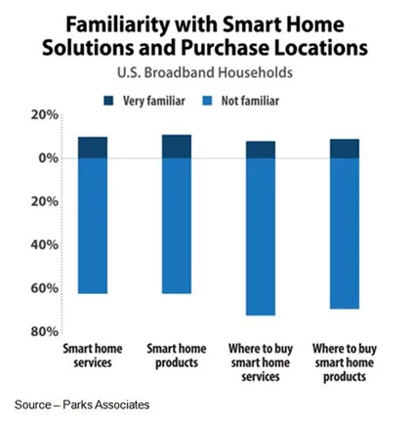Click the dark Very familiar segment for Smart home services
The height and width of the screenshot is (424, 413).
tap(93, 148)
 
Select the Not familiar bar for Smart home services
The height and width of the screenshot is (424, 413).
tap(93, 226)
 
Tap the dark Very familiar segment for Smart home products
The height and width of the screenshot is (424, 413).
tap(177, 147)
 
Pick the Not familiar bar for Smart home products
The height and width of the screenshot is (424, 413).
tap(177, 226)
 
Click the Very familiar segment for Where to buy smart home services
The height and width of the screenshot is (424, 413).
tap(261, 149)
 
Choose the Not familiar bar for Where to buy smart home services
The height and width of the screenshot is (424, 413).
tap(261, 236)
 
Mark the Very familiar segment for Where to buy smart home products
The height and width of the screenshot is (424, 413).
tap(345, 148)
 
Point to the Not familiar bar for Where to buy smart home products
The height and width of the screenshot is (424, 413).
tap(345, 233)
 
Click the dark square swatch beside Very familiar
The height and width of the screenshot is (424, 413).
tap(108, 101)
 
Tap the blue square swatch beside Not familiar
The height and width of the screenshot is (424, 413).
tap(207, 101)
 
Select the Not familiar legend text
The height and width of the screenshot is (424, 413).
tap(250, 101)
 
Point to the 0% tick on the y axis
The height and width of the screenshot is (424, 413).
tap(49, 158)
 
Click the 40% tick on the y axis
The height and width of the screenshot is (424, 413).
tap(45, 244)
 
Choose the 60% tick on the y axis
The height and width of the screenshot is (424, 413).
tap(45, 288)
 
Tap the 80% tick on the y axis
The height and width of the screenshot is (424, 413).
tap(45, 331)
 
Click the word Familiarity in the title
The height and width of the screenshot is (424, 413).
tap(118, 25)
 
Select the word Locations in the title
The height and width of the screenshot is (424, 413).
tap(321, 48)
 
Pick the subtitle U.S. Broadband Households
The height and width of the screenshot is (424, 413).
tap(205, 72)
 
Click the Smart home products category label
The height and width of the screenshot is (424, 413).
tap(177, 356)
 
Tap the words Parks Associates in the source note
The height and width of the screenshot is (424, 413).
tap(106, 404)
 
